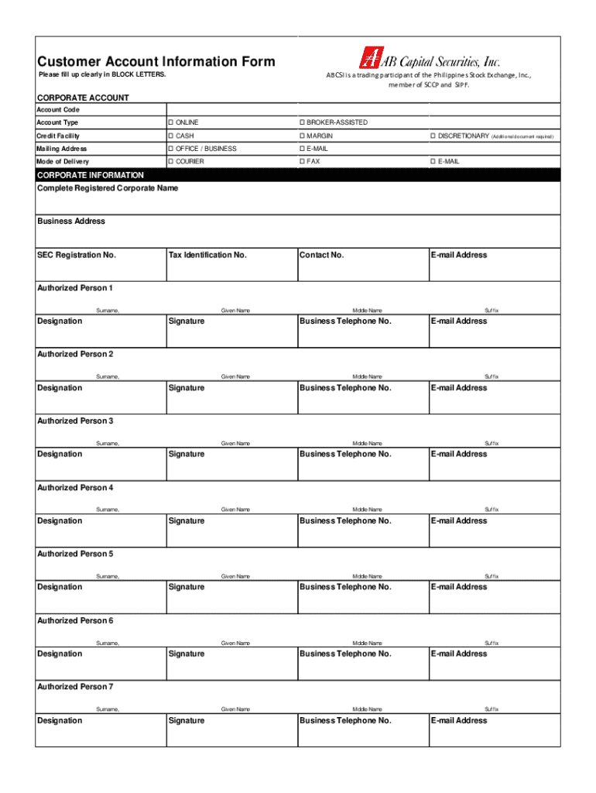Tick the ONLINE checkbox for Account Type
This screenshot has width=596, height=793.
170,123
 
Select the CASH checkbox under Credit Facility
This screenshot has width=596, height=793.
170,136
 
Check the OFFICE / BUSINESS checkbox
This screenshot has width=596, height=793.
170,149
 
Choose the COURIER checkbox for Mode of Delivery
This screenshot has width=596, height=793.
170,162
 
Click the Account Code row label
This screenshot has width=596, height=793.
58,110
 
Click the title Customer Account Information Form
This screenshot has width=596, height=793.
156,62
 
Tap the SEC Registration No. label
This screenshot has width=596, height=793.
76,255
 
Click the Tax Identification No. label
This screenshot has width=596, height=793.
207,255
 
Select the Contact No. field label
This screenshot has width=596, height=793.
321,255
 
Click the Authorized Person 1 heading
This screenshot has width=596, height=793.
75,288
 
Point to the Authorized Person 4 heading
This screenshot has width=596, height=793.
75,488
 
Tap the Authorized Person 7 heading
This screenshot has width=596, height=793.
75,687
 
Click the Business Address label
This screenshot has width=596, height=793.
71,221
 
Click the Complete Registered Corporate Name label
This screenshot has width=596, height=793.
108,188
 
